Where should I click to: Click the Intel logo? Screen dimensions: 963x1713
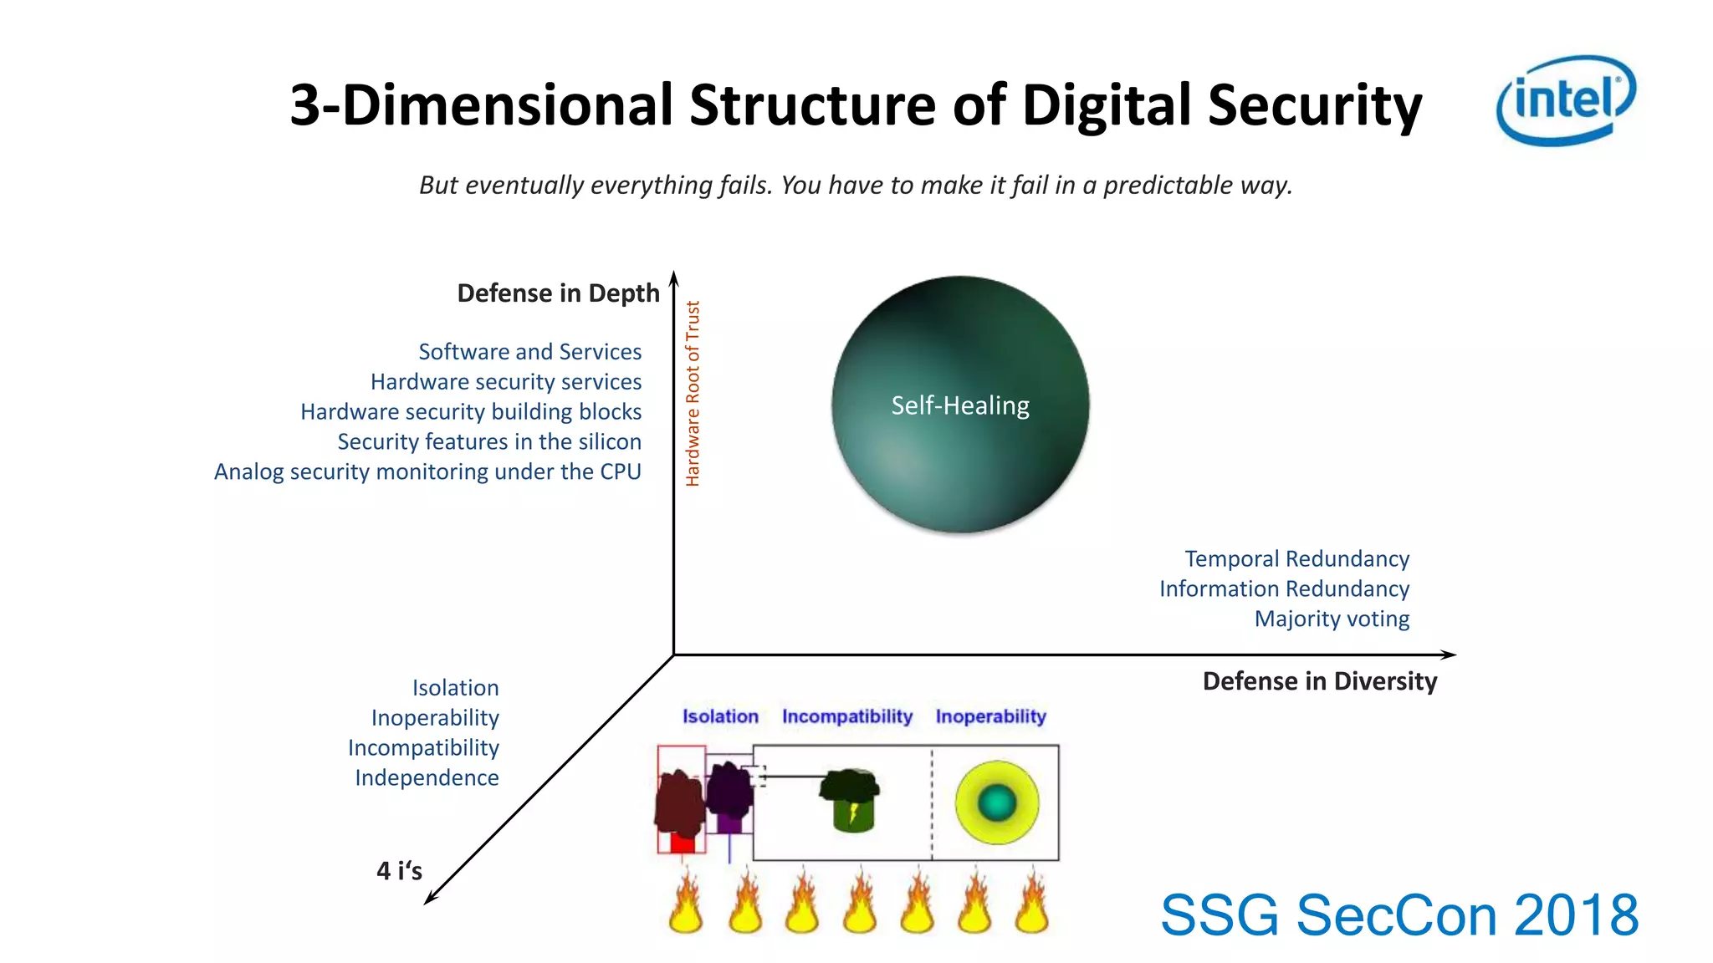1565,100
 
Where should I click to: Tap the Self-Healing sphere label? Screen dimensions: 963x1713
959,405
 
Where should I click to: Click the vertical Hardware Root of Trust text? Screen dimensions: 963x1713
693,394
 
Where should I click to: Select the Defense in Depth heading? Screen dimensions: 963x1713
558,293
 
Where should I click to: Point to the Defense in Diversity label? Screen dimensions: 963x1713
1319,681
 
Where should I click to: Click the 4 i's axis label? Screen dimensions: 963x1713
399,871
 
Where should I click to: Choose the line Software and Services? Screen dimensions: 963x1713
529,352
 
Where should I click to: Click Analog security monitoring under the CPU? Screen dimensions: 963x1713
427,472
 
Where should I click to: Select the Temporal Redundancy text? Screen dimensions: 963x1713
1296,558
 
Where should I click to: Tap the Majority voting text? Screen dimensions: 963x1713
1332,619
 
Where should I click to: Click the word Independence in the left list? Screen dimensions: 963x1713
427,778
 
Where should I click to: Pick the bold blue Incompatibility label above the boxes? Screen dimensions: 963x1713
846,716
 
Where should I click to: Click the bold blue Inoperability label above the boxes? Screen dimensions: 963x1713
990,716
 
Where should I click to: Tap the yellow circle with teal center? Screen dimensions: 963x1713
996,802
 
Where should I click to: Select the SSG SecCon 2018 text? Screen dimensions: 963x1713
1399,915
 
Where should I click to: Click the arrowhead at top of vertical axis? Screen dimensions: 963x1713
673,278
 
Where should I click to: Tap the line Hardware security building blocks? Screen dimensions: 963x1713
471,412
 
